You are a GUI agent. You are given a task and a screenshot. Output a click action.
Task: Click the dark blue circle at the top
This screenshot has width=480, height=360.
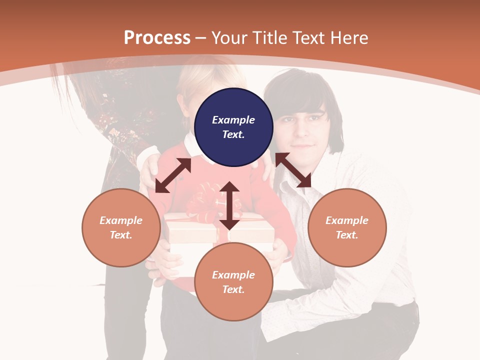233,127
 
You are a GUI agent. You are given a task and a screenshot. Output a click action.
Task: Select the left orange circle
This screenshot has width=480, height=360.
121,227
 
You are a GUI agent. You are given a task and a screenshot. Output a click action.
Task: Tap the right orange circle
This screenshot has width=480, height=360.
347,227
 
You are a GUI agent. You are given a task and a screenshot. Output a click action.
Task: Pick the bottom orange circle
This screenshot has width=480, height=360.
233,282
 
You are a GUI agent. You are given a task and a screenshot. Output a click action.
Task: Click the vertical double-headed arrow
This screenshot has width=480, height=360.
229,205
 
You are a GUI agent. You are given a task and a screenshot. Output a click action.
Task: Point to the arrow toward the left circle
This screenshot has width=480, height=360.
173,175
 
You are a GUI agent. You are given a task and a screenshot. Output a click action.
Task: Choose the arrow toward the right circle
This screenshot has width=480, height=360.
293,170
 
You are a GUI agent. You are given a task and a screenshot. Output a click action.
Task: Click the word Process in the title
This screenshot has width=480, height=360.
157,38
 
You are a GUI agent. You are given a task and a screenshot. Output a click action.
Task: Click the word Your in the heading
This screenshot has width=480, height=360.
229,38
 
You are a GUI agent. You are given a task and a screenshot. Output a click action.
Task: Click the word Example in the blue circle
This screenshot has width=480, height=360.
233,120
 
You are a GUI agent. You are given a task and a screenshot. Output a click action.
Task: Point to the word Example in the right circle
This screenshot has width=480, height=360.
347,220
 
